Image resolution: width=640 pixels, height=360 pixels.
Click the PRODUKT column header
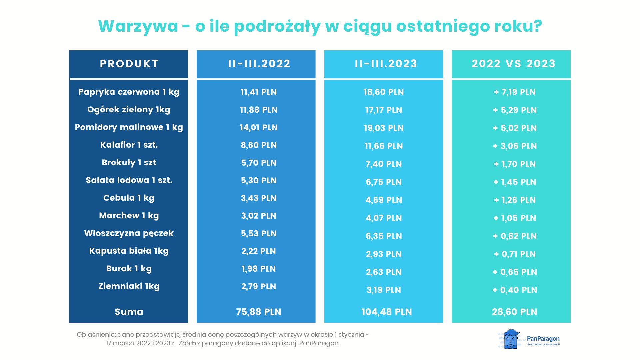pyautogui.click(x=129, y=64)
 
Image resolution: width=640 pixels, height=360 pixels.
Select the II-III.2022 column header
pyautogui.click(x=259, y=64)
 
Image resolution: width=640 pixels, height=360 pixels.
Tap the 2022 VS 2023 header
pyautogui.click(x=513, y=64)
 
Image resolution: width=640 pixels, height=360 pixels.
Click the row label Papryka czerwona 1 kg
pyautogui.click(x=129, y=92)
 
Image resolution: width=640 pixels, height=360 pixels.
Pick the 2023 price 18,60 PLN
pyautogui.click(x=383, y=92)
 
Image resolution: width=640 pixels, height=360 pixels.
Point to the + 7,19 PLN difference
pyautogui.click(x=515, y=92)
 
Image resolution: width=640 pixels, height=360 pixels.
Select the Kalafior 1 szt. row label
pyautogui.click(x=129, y=145)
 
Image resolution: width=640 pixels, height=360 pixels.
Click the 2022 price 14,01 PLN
pyautogui.click(x=258, y=128)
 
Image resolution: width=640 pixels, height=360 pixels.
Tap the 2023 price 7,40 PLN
pyautogui.click(x=384, y=164)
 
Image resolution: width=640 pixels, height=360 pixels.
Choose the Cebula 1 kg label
pyautogui.click(x=129, y=198)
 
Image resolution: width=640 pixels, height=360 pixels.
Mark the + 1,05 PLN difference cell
pyautogui.click(x=515, y=218)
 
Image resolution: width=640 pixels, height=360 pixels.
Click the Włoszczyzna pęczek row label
pyautogui.click(x=129, y=233)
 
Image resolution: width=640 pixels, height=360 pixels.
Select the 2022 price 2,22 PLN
pyautogui.click(x=258, y=251)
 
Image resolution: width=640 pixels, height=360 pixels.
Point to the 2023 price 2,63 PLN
pyautogui.click(x=384, y=272)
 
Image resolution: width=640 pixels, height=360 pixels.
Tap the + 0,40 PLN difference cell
pyautogui.click(x=515, y=290)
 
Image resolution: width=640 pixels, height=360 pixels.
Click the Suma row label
pyautogui.click(x=129, y=312)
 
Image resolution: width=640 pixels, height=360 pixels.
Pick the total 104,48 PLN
pyautogui.click(x=386, y=312)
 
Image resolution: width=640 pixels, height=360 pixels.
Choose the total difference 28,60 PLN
pyautogui.click(x=514, y=312)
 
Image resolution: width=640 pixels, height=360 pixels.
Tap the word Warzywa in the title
pyautogui.click(x=138, y=26)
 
